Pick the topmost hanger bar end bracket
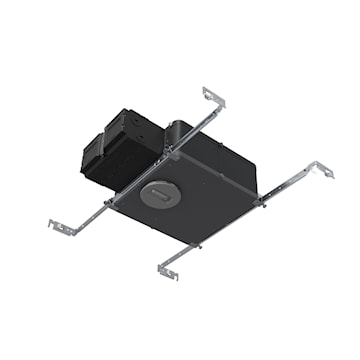tap(214, 97)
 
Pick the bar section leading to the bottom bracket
tap(184, 256)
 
